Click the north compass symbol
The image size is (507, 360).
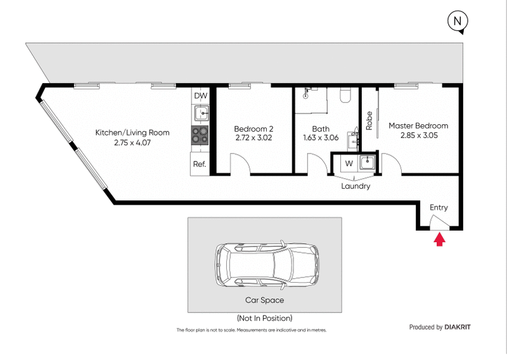[x=458, y=22]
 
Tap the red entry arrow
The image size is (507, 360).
[x=439, y=238]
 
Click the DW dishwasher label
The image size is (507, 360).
[x=200, y=96]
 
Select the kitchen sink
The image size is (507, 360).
[x=200, y=114]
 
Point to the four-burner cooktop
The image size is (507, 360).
[x=200, y=135]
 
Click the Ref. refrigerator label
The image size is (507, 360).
[x=200, y=164]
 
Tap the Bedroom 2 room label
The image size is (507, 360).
[x=253, y=126]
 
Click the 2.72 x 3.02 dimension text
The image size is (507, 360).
[x=253, y=136]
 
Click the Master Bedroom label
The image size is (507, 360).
[x=418, y=125]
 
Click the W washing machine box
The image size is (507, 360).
[x=349, y=164]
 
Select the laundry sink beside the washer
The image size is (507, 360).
[x=367, y=163]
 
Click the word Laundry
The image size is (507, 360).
[x=355, y=186]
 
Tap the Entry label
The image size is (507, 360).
[x=439, y=207]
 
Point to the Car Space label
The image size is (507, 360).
[x=264, y=300]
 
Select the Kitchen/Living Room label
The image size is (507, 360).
[x=132, y=132]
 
